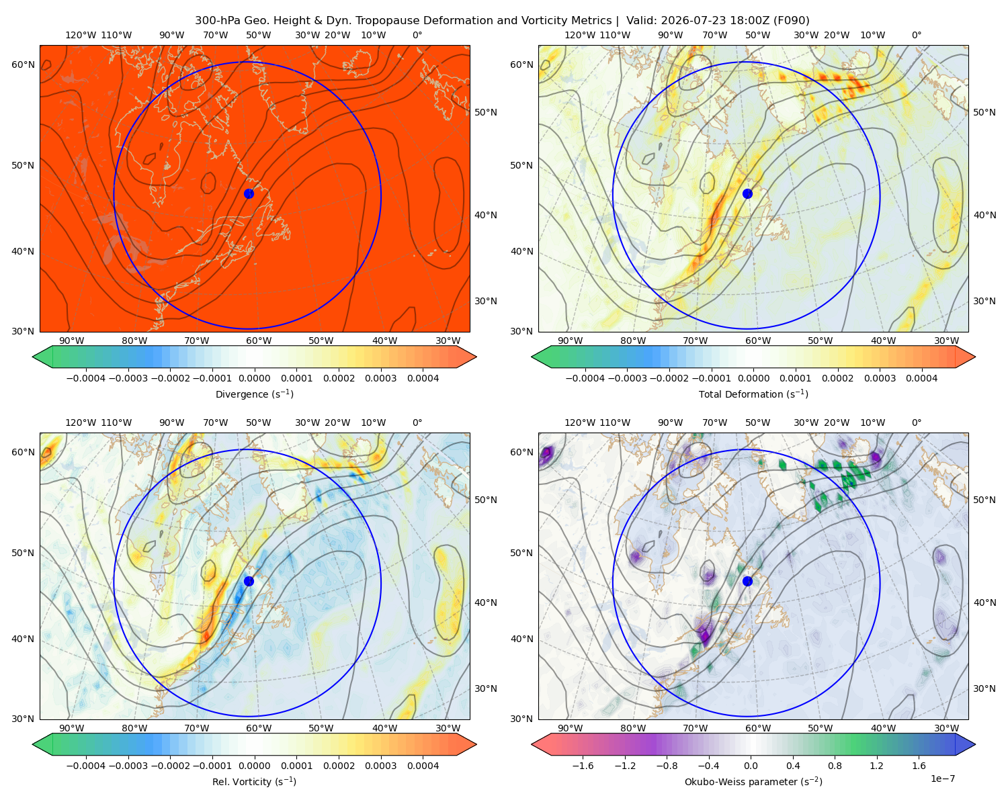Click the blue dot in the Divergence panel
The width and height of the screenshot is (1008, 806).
coord(249,193)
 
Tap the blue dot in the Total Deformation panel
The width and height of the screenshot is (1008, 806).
coord(747,193)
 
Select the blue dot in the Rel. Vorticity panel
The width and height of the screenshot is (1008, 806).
coord(249,581)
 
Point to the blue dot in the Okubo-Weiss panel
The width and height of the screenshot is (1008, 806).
coord(747,581)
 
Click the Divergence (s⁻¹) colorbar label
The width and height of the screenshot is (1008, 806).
coord(254,394)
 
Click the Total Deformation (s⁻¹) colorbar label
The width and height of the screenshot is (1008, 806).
coord(753,394)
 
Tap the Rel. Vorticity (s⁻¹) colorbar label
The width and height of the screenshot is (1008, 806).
coord(254,781)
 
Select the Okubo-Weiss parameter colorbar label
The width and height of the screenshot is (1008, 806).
coord(753,781)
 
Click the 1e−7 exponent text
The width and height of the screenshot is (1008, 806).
coord(942,778)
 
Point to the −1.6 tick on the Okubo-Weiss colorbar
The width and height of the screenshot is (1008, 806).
coord(583,765)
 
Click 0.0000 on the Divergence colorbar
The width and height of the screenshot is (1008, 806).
coord(254,378)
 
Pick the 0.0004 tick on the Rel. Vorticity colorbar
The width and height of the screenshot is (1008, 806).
coord(423,765)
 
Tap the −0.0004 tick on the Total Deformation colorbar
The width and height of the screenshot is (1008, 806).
coord(585,378)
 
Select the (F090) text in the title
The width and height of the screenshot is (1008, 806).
coord(792,20)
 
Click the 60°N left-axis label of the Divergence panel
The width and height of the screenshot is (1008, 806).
coord(23,64)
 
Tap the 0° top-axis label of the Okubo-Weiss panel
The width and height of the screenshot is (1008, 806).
coord(916,422)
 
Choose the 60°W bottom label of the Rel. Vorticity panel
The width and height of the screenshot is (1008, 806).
coord(259,728)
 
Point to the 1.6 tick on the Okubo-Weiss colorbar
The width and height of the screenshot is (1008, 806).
coord(919,765)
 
